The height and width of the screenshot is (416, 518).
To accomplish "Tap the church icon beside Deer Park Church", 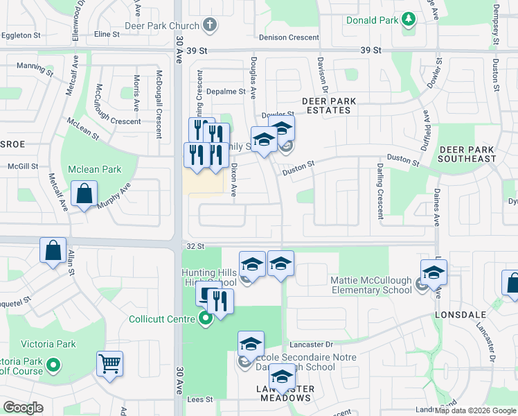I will coord(210,26).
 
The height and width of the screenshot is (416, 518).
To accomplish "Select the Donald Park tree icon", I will coord(409,18).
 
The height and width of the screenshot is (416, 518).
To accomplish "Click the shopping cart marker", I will coord(110,363).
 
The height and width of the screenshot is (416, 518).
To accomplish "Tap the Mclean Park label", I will coord(95,169).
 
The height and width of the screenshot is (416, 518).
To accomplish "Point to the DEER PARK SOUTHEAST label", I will coord(468,154).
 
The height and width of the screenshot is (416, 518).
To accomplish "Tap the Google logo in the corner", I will coord(23,408).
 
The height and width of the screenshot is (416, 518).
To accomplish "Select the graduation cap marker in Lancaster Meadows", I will coord(282,377).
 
